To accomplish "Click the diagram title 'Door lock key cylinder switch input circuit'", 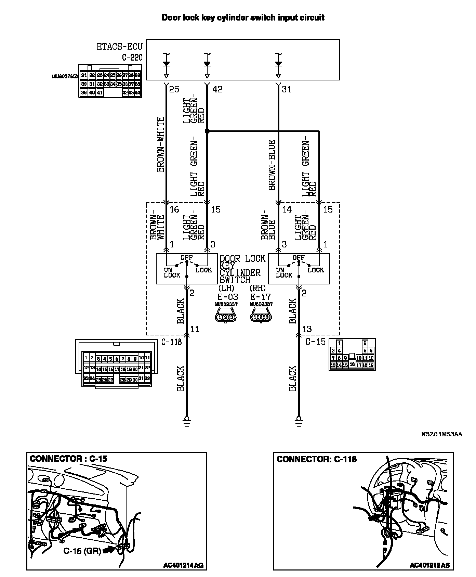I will pos(243,18).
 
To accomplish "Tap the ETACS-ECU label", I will pos(119,47).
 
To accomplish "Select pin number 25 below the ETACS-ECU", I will pos(174,89).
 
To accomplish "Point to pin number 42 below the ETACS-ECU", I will pos(217,89).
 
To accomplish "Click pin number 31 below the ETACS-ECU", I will pos(286,89).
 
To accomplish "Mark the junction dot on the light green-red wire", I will pos(207,131).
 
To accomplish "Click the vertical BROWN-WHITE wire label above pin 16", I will pos(160,144).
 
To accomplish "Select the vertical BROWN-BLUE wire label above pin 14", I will pos(272,165).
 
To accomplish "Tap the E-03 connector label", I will pos(227,297).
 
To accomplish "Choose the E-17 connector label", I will pos(261,297).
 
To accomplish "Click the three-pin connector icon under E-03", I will pos(226,317).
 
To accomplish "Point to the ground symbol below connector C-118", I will pos(187,420).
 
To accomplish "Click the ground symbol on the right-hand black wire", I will pos(299,420).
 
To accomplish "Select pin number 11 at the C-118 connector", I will pos(194,329).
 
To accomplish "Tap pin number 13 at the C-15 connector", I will pos(307,329).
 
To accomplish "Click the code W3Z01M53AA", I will pos(441,434).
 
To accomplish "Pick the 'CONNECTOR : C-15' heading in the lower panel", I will pos(69,459).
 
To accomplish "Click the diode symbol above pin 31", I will pos(278,64).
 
